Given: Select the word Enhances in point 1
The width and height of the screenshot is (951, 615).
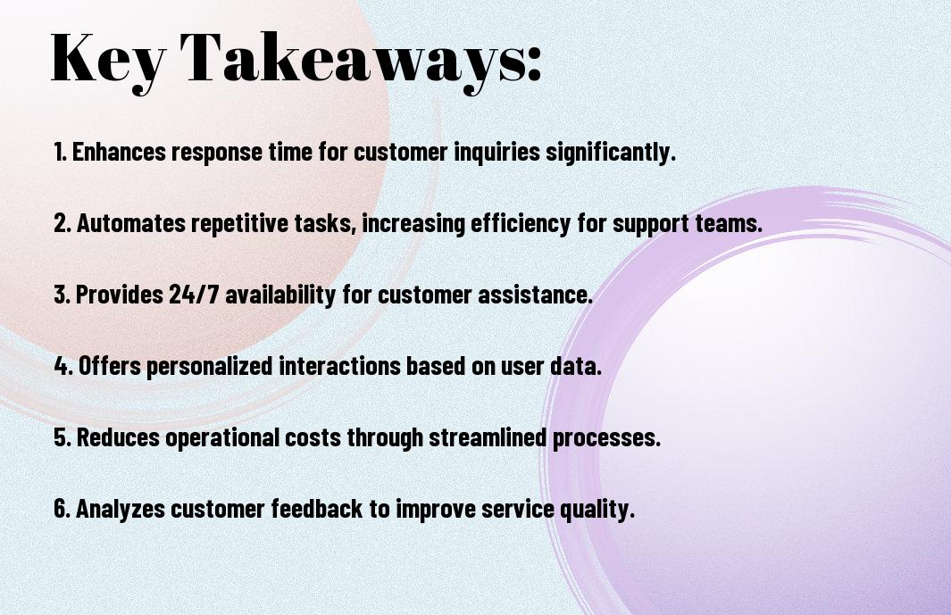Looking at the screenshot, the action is (x=118, y=152).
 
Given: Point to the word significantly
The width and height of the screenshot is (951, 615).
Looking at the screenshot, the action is (x=610, y=153).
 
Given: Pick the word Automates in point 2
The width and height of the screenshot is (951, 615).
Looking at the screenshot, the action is (x=130, y=223).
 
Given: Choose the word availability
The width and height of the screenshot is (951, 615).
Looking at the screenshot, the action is (x=280, y=295).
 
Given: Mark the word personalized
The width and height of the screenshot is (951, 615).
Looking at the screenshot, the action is (x=209, y=367).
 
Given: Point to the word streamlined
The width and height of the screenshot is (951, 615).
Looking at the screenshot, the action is (x=488, y=437).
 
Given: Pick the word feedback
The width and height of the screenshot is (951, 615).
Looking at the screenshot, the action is (x=317, y=508).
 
